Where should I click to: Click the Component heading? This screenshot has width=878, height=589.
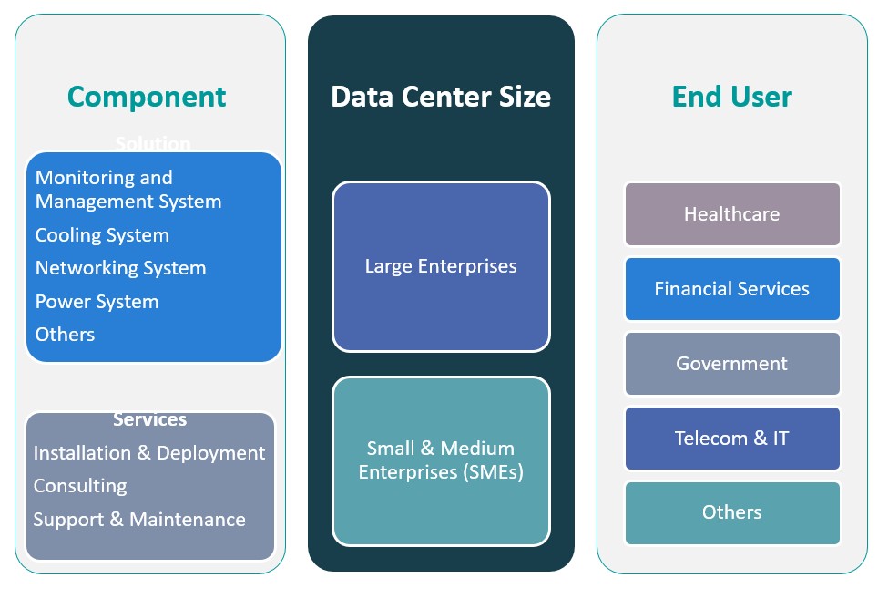click(147, 97)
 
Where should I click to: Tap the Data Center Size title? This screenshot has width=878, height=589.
click(441, 97)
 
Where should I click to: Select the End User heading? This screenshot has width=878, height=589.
click(731, 97)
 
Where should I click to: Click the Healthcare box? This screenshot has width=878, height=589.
click(731, 214)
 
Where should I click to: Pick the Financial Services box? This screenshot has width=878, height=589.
click(731, 289)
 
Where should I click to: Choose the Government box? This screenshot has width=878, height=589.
click(731, 364)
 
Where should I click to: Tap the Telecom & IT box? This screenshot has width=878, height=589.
click(731, 439)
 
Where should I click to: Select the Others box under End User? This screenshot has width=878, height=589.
click(731, 512)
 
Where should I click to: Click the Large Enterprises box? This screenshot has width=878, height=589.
click(441, 266)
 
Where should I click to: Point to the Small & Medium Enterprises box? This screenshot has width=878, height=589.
click(441, 460)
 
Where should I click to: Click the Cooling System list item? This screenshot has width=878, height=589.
click(102, 235)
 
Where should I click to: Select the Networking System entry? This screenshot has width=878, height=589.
click(120, 268)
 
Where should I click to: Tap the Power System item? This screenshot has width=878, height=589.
click(97, 302)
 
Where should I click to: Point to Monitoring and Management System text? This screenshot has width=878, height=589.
click(128, 189)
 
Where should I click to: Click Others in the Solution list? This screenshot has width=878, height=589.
click(65, 335)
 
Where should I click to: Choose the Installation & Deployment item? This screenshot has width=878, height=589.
click(149, 453)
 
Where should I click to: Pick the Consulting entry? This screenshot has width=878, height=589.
click(80, 486)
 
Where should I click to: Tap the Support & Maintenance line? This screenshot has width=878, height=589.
click(139, 520)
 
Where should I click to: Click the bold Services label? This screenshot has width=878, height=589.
click(150, 420)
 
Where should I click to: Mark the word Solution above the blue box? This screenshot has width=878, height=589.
click(153, 144)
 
